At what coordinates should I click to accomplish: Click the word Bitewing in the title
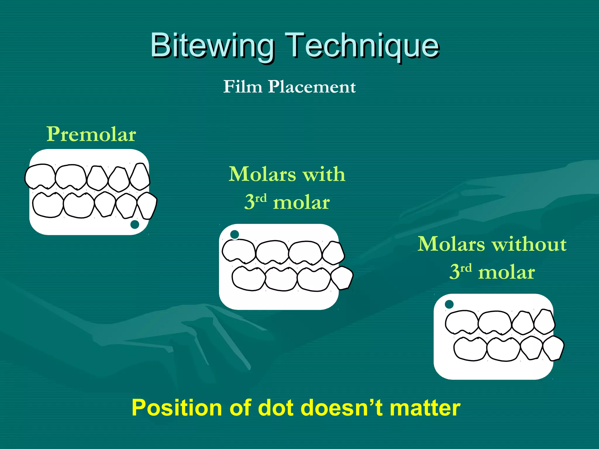pos(212,45)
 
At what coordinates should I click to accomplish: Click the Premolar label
pos(91,134)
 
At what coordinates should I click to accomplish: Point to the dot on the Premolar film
pos(135,224)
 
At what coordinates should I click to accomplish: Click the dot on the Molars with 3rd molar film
pos(235,234)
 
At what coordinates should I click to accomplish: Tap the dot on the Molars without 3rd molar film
pos(449,304)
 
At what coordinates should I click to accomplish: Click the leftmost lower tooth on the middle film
pos(249,279)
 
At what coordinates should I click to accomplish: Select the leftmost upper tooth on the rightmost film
pos(462,322)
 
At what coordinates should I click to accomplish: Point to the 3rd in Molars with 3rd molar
pos(255,202)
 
